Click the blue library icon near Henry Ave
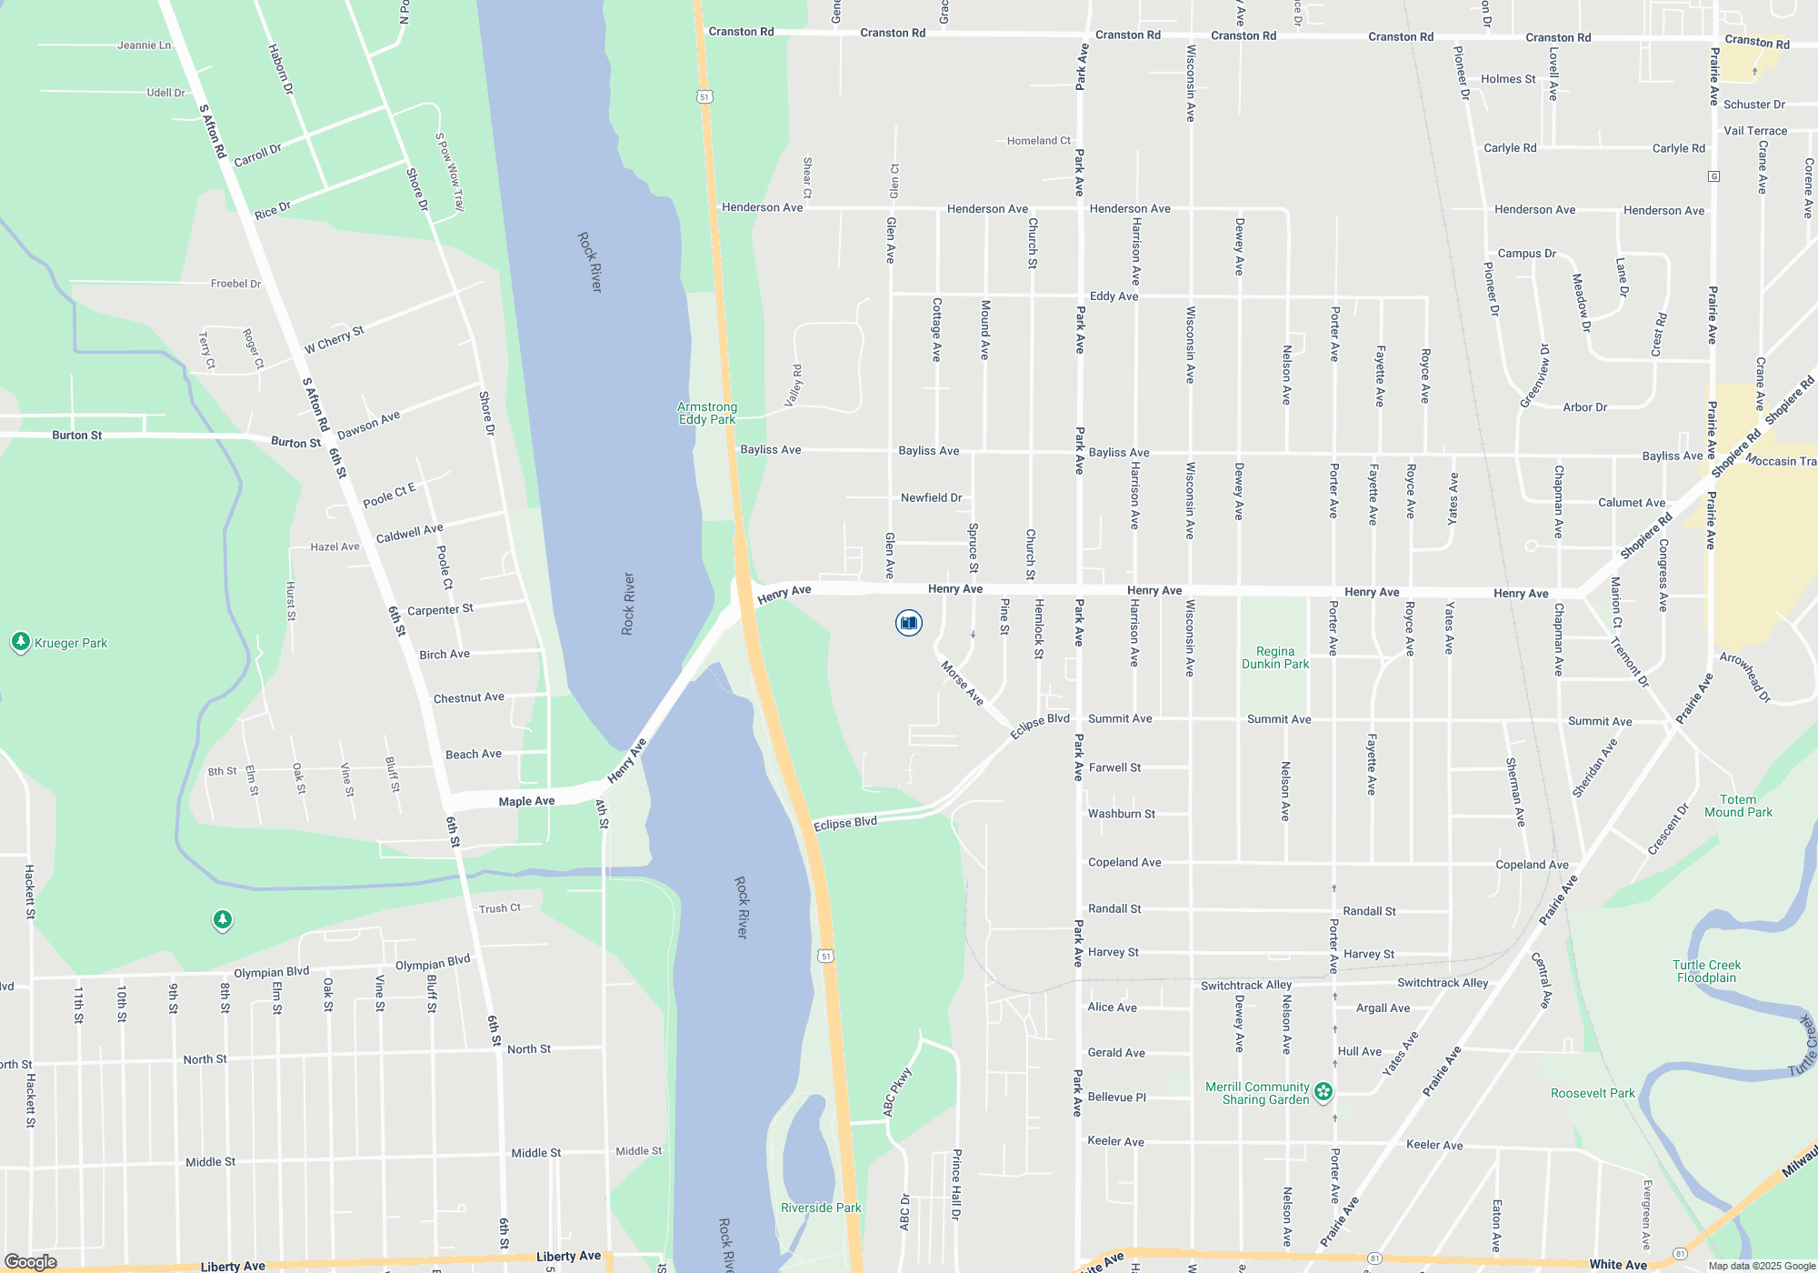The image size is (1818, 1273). pyautogui.click(x=908, y=623)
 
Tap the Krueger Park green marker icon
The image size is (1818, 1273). pyautogui.click(x=21, y=642)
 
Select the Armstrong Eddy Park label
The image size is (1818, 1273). pyautogui.click(x=707, y=414)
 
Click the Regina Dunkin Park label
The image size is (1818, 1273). pyautogui.click(x=1275, y=657)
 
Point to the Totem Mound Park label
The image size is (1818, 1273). pyautogui.click(x=1738, y=806)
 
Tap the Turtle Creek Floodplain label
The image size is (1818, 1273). pyautogui.click(x=1706, y=971)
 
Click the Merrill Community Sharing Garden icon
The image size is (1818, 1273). pyautogui.click(x=1324, y=1091)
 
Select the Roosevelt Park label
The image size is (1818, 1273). pyautogui.click(x=1593, y=1093)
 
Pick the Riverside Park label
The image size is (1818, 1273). pyautogui.click(x=821, y=1208)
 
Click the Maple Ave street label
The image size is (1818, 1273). pyautogui.click(x=526, y=801)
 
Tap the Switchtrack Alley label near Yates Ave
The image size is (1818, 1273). pyautogui.click(x=1443, y=983)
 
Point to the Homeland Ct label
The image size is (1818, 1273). pyautogui.click(x=1038, y=141)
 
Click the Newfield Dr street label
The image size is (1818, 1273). pyautogui.click(x=931, y=497)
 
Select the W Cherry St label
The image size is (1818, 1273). pyautogui.click(x=334, y=339)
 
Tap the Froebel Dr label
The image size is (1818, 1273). pyautogui.click(x=235, y=284)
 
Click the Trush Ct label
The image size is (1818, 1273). pyautogui.click(x=500, y=908)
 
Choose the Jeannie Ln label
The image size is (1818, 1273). pyautogui.click(x=144, y=45)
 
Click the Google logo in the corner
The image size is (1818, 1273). pyautogui.click(x=31, y=1262)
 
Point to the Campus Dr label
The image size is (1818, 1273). pyautogui.click(x=1526, y=254)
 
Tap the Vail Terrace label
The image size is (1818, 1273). pyautogui.click(x=1755, y=131)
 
